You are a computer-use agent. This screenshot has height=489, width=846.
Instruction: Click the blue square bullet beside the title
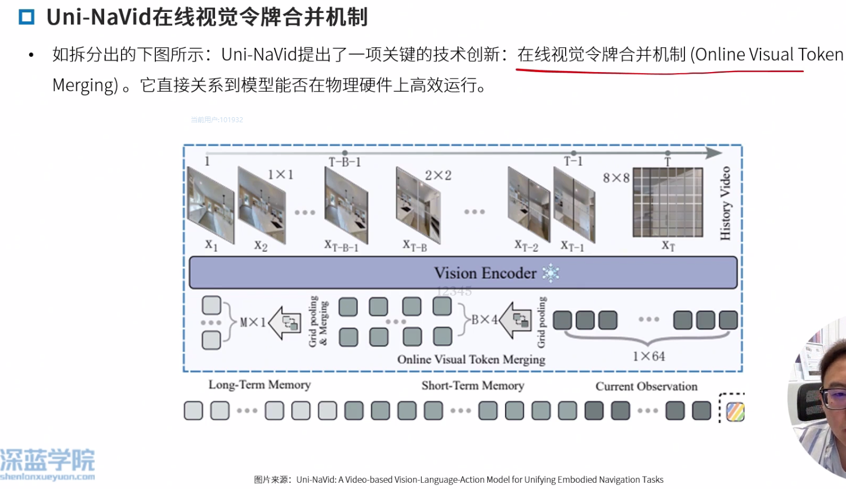tap(26, 17)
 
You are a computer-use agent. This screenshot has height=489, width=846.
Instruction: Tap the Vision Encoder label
tap(485, 273)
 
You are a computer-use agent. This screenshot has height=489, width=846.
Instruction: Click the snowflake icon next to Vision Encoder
tap(550, 273)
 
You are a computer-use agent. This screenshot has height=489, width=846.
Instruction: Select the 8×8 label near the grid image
tap(616, 178)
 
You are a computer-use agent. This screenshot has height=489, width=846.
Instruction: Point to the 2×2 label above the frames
tap(438, 175)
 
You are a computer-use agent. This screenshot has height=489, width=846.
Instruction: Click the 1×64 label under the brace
tap(648, 356)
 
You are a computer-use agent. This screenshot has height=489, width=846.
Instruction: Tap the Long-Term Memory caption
tap(259, 385)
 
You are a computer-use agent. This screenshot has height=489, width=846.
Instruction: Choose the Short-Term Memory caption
tap(473, 385)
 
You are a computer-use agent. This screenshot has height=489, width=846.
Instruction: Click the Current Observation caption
tap(646, 386)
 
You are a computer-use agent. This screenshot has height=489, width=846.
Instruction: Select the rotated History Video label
tap(725, 203)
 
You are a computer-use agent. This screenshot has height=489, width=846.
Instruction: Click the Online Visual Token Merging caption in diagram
tap(471, 359)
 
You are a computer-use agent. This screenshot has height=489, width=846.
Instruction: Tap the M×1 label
tap(252, 322)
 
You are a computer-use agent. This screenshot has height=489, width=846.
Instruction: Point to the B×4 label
tap(484, 320)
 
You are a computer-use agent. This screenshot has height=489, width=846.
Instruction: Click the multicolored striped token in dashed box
tap(735, 411)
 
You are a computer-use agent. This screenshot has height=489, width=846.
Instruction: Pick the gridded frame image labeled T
tap(668, 202)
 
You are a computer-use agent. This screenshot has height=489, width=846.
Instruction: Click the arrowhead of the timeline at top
tap(714, 153)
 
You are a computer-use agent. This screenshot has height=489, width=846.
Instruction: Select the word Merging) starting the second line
tap(85, 85)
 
